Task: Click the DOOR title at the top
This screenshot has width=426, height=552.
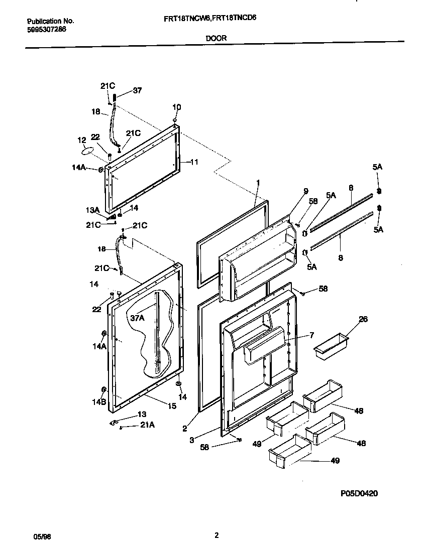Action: pos(216,38)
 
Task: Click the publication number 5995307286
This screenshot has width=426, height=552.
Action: pos(46,29)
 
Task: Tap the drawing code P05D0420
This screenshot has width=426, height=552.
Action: pos(359,493)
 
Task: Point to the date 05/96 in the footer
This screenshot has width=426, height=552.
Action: pos(42,536)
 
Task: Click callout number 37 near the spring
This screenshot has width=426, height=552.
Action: pos(137,91)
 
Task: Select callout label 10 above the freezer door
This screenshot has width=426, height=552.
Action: pos(177,107)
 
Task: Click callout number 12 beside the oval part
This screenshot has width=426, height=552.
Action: pos(81,140)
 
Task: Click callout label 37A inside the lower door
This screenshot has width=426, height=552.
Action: pos(138,318)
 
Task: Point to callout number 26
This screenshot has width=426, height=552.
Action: pos(363,319)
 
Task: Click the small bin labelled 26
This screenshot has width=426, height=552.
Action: pos(331,347)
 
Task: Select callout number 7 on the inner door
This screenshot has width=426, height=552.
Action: pos(311,335)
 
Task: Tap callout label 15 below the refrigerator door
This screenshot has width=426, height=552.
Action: pos(172,406)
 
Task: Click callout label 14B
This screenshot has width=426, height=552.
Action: pos(99,402)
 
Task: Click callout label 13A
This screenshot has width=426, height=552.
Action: pos(92,210)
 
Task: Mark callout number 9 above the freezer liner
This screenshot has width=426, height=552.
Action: pos(305,191)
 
